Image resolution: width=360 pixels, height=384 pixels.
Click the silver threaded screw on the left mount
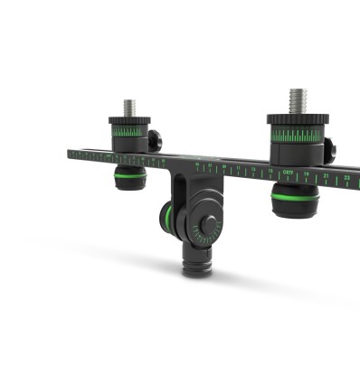(x=129, y=108)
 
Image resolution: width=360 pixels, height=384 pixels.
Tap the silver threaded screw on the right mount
(x=298, y=99)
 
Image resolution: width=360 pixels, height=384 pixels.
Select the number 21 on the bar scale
(x=326, y=175)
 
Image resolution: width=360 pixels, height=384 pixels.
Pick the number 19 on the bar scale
(x=307, y=173)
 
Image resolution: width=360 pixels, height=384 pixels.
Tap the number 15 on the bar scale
(x=270, y=169)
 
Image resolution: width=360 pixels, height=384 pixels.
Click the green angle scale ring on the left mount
(x=129, y=131)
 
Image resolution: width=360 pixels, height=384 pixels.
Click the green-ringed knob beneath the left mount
(x=130, y=177)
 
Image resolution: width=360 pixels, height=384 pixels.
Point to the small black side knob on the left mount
(x=155, y=139)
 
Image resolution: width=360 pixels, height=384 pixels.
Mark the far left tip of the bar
(x=70, y=153)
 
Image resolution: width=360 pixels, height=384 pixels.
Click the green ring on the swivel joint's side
(x=167, y=217)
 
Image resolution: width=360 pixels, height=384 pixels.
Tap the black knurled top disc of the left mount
(x=129, y=120)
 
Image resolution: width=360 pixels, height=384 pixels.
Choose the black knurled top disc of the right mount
(x=298, y=118)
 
